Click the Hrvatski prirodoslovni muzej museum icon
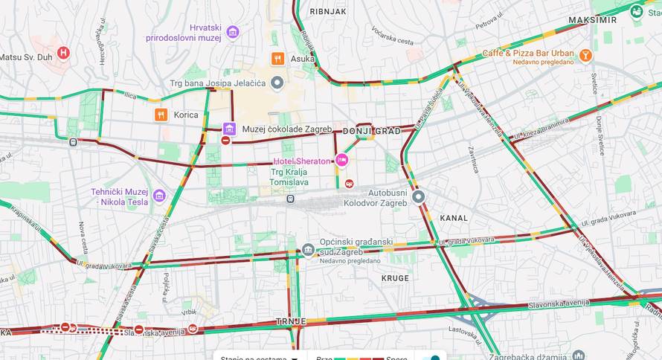pyautogui.click(x=233, y=32)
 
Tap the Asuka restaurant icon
pyautogui.click(x=277, y=59)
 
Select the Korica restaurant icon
pyautogui.click(x=161, y=115)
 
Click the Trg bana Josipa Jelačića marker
pyautogui.click(x=277, y=83)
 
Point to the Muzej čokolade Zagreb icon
pyautogui.click(x=229, y=129)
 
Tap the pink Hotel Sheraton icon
pyautogui.click(x=341, y=159)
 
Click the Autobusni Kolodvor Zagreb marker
pyautogui.click(x=419, y=196)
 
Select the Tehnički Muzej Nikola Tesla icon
pyautogui.click(x=159, y=196)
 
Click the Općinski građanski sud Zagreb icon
pyautogui.click(x=308, y=249)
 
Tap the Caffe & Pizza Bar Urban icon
pyautogui.click(x=586, y=54)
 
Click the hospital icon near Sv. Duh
pyautogui.click(x=63, y=53)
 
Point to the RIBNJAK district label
pyautogui.click(x=328, y=12)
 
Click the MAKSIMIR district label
pyautogui.click(x=592, y=19)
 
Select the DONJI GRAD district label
pyautogui.click(x=371, y=131)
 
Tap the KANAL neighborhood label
pyautogui.click(x=454, y=218)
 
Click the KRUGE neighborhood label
pyautogui.click(x=395, y=278)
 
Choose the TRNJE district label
pyautogui.click(x=291, y=321)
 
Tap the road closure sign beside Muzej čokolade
pyautogui.click(x=225, y=141)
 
